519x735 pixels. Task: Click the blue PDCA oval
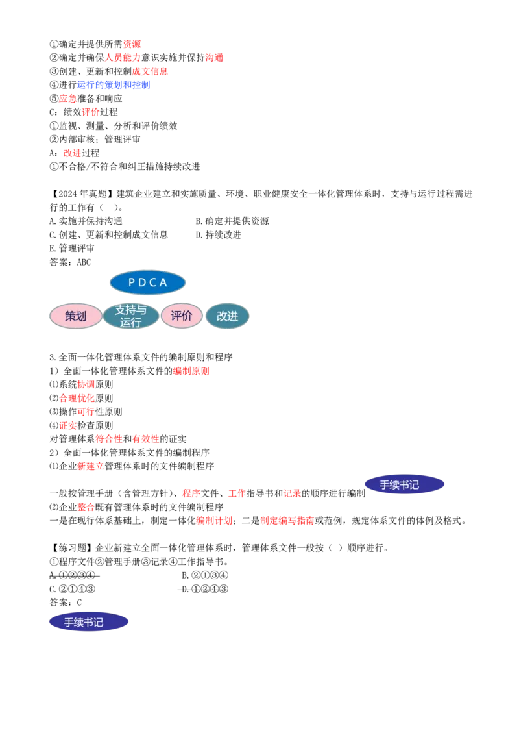coord(148,282)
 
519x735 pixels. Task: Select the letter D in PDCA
coord(142,283)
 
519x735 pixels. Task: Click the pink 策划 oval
coord(76,316)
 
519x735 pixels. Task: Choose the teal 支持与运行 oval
coord(131,316)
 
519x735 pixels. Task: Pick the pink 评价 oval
coord(182,316)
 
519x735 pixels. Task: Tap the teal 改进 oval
coord(227,316)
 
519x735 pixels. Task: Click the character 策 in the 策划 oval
coord(71,316)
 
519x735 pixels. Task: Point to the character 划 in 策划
coord(81,316)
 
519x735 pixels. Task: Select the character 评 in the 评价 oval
coord(176,316)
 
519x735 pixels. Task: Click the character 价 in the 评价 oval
coord(187,316)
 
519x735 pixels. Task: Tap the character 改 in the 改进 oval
coord(222,316)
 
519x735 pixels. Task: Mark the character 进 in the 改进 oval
coord(232,316)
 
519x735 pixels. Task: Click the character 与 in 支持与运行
coord(141,310)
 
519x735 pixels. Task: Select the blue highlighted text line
coord(114,85)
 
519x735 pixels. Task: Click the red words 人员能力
coord(122,58)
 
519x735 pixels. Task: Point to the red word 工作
coord(236,493)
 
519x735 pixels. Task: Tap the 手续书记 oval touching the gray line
coord(404,484)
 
